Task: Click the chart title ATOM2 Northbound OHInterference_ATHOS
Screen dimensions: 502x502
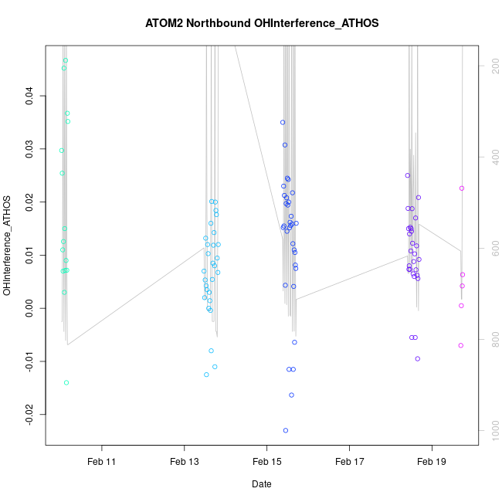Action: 262,23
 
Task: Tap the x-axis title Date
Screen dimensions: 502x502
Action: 261,484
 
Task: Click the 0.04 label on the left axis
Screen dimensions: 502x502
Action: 29,96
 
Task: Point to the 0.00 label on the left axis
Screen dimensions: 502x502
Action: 29,308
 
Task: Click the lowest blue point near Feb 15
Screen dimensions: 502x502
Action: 286,430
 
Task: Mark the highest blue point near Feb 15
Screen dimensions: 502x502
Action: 283,122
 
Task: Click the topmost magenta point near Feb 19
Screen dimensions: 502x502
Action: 462,188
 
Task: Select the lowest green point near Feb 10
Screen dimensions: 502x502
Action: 66,382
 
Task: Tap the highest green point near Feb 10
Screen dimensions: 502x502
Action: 66,60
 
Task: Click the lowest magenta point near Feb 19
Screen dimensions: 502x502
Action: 461,345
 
